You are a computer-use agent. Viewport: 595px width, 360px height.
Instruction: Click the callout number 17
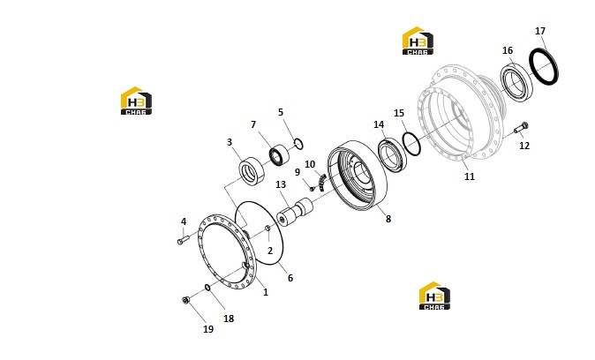pos(540,31)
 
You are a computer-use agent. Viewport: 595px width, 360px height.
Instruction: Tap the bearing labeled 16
pos(517,84)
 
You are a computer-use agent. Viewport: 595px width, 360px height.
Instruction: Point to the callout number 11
pos(470,176)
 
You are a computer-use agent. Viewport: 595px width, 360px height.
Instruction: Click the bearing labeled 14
pos(393,154)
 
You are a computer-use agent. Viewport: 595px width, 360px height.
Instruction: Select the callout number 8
pos(388,219)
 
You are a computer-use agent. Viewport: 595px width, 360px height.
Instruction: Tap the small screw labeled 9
pos(313,188)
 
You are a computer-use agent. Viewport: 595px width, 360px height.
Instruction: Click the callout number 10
pos(310,164)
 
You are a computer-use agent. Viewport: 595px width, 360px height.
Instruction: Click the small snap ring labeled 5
pos(298,144)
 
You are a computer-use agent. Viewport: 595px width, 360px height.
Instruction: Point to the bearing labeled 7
pos(279,154)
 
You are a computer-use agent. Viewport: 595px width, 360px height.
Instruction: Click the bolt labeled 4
pos(183,240)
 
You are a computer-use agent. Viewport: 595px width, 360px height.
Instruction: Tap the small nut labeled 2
pos(267,228)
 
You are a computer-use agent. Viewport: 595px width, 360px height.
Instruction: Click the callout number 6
pos(290,278)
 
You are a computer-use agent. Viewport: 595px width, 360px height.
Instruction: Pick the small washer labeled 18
pos(207,288)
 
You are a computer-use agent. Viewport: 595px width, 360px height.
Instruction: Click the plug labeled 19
pos(185,300)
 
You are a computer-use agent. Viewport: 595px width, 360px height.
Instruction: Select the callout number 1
pos(266,292)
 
